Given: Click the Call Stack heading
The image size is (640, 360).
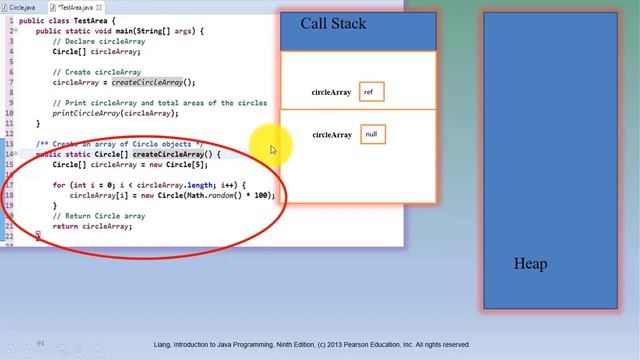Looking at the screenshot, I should pos(335,23).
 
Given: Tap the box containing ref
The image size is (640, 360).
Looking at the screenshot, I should pos(370,92).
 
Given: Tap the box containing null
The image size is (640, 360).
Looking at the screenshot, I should pos(371,134).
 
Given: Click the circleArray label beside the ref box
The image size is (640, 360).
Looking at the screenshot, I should pos(331,92).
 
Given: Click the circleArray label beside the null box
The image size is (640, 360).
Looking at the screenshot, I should pos(332,134).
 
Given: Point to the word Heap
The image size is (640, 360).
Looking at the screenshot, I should pos(530,264).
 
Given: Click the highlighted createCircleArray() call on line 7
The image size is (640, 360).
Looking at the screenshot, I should pos(153,83).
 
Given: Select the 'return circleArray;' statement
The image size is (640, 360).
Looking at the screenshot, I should pos(92,226).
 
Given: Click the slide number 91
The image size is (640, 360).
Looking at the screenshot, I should pos(41,343).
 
